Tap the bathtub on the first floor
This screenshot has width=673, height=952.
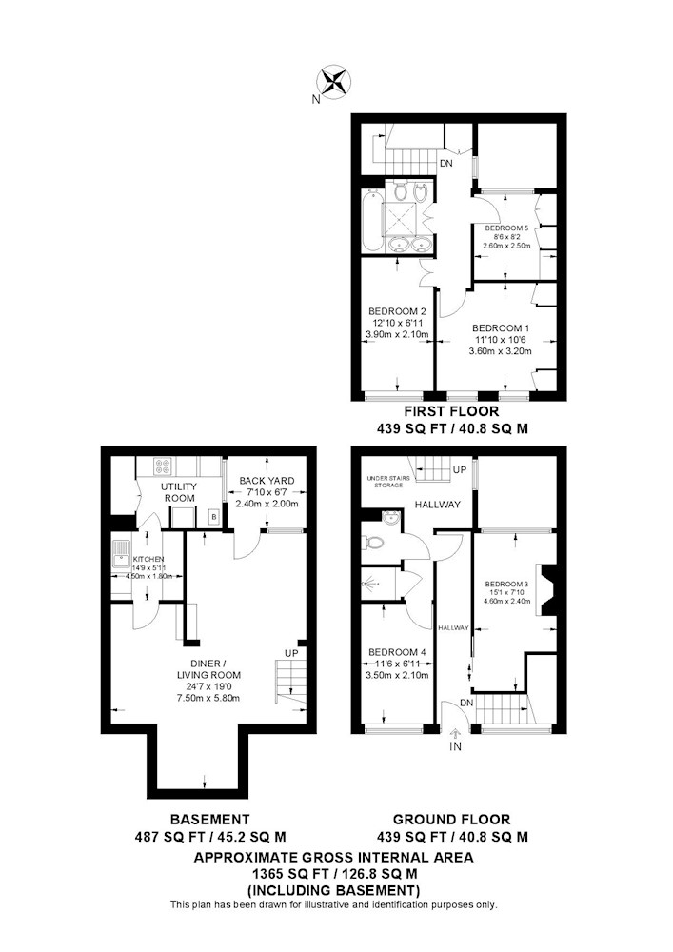tap(370, 221)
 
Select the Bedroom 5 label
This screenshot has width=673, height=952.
tap(506, 228)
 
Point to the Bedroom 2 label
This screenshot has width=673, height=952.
tap(398, 311)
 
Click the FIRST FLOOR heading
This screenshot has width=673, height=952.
tap(451, 411)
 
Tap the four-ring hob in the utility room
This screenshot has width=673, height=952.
tap(164, 466)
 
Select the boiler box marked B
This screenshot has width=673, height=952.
tap(213, 517)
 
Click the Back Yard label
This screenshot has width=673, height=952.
tap(267, 481)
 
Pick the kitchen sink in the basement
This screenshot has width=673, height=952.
tap(119, 558)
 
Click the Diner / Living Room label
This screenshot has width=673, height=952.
tap(208, 668)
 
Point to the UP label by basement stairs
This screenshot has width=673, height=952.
tap(291, 653)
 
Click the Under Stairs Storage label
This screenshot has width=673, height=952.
tap(388, 482)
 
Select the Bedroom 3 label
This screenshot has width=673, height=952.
tap(506, 584)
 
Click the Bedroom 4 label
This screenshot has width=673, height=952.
tap(398, 652)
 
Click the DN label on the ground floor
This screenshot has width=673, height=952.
tap(466, 704)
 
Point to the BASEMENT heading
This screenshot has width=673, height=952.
tap(210, 820)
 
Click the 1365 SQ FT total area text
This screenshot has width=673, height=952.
tap(282, 874)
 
